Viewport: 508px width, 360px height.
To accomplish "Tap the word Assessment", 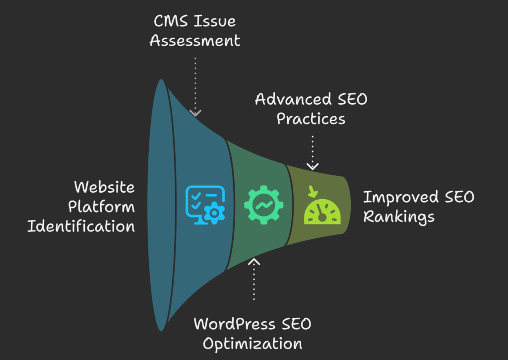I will [195, 41].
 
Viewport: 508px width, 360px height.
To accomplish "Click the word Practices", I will [311, 119].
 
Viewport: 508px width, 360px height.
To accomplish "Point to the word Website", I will [104, 187].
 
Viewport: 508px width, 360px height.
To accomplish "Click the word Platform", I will [102, 207].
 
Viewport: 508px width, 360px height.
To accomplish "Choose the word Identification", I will [81, 226].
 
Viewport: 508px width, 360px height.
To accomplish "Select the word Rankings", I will [399, 217].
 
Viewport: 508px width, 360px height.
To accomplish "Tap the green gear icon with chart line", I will [263, 204].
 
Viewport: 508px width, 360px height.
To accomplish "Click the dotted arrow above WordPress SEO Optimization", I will [254, 278].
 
